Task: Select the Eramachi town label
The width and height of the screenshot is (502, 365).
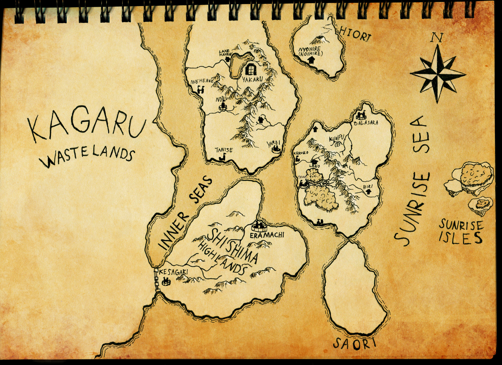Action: click(x=266, y=235)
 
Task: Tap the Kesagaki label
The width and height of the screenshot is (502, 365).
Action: click(x=173, y=272)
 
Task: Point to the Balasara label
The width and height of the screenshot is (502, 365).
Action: click(x=366, y=123)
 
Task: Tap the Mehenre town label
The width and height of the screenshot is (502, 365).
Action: click(x=202, y=81)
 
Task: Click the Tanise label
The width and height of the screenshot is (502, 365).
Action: click(x=224, y=150)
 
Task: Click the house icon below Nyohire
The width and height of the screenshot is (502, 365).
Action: click(x=311, y=60)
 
